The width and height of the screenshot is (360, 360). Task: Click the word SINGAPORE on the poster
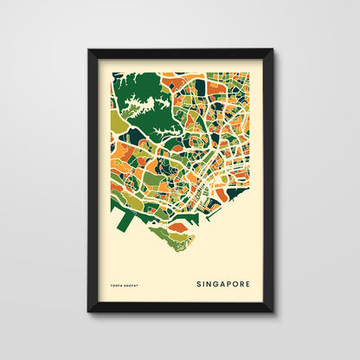pos(222,282)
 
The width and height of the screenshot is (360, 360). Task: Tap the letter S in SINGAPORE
pos(199,282)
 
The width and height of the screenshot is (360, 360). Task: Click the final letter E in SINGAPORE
pos(248,282)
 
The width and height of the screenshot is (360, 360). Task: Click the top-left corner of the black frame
pos(89,50)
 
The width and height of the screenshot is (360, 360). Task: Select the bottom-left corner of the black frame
pos(89,311)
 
